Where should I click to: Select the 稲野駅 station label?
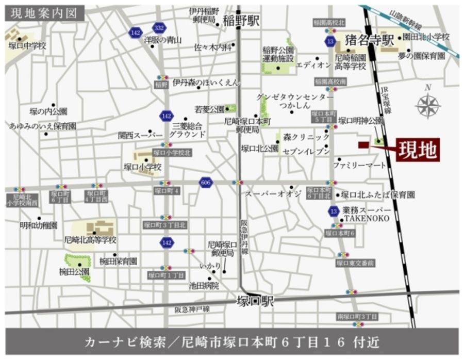tap(241, 21)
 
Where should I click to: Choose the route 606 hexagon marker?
tap(206, 182)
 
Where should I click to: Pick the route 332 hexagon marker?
tap(159, 28)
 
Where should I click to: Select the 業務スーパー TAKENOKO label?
tap(367, 215)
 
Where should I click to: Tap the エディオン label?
tap(313, 65)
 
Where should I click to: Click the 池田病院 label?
tap(204, 285)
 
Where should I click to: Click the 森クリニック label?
tap(306, 137)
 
